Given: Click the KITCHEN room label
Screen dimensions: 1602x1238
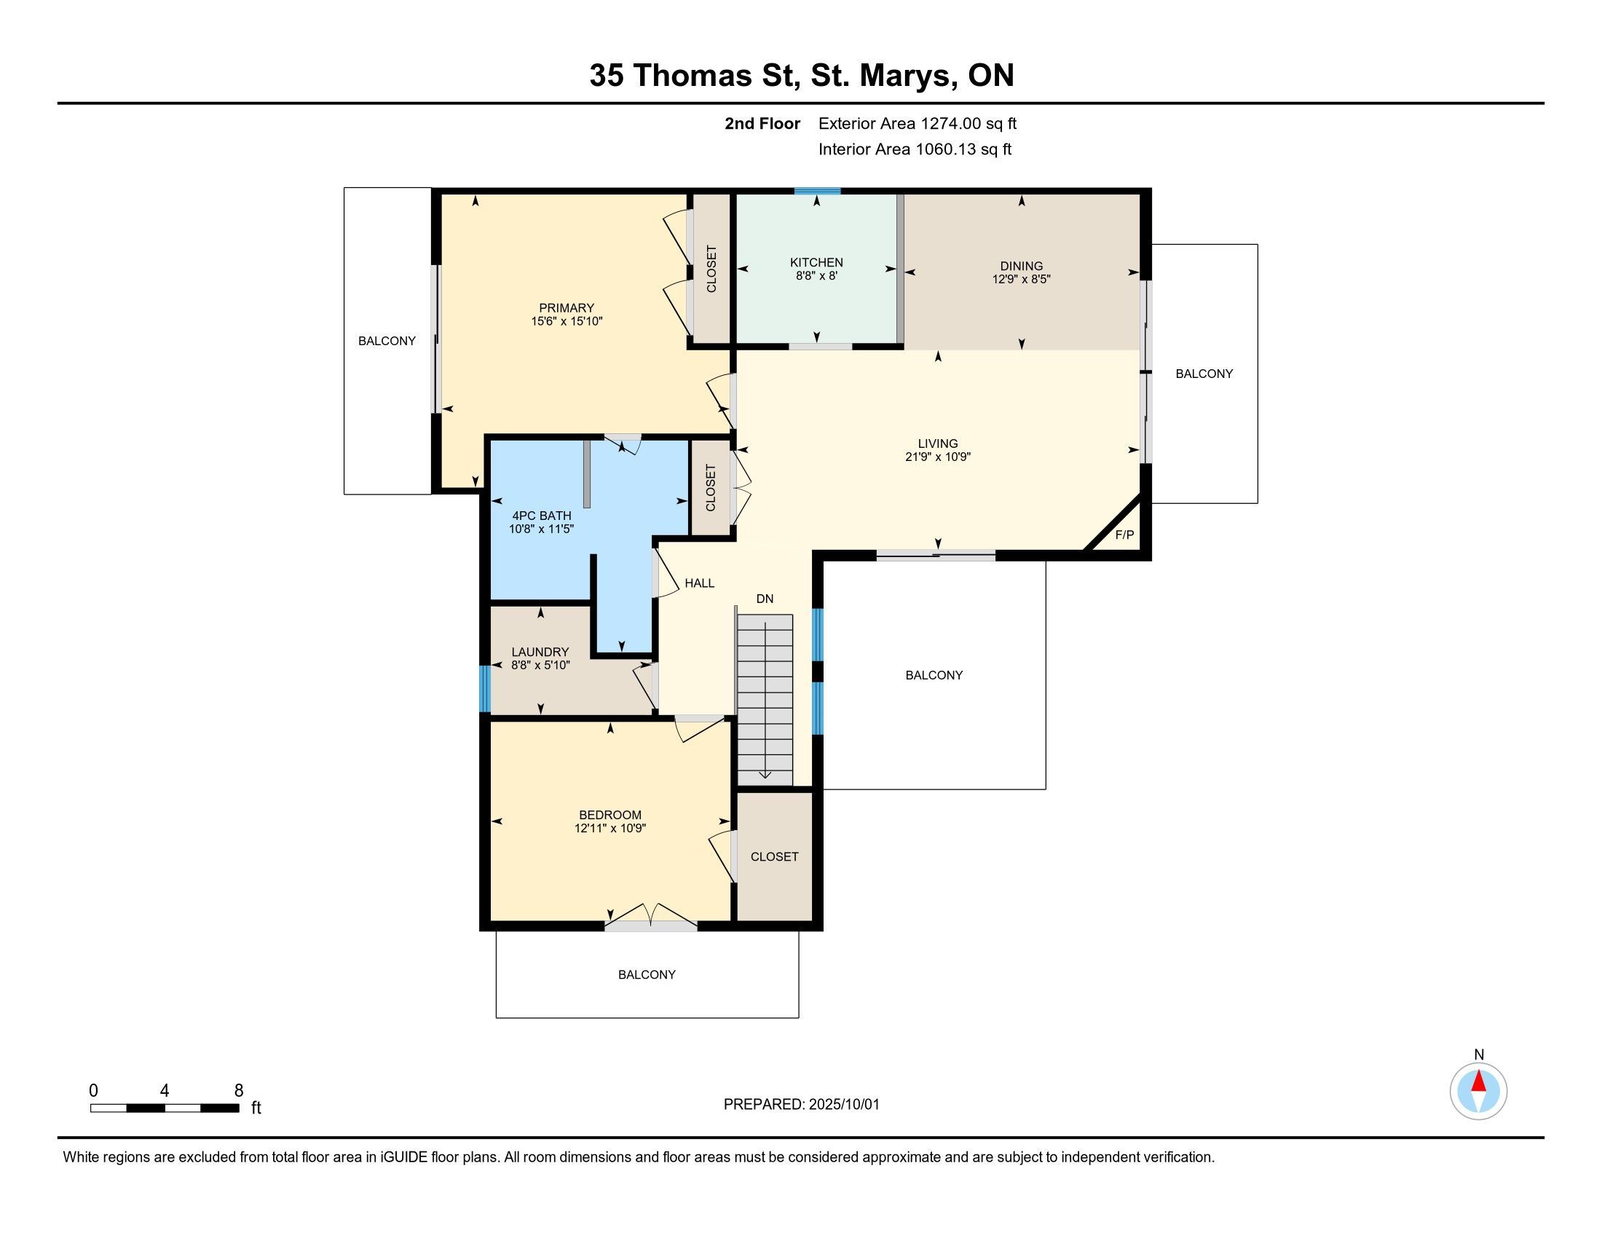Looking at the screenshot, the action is point(816,263).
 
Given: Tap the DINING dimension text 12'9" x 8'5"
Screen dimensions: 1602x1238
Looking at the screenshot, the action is point(1021,280).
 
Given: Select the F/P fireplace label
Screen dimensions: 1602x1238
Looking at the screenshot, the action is point(1124,535).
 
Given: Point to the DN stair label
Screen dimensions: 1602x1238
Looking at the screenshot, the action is point(765,599).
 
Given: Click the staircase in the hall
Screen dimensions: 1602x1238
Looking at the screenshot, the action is point(765,700).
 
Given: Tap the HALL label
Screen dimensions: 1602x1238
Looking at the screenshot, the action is point(700,583).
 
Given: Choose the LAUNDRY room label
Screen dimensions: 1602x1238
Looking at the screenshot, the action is point(540,652).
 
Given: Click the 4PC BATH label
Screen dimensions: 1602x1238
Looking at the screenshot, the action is point(541,516).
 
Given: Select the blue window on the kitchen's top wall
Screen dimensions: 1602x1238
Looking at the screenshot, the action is point(817,192).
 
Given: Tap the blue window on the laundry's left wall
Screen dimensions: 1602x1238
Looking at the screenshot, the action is point(484,689).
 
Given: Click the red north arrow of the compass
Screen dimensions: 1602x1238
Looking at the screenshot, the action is point(1479,1081).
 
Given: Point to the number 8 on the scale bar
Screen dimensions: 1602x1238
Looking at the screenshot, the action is point(238,1091).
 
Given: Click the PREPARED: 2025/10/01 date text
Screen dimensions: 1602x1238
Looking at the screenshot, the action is point(801,1105).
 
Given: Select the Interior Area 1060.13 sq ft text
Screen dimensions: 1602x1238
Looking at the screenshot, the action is point(915,149).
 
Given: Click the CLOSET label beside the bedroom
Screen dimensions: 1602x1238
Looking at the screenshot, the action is point(775,856).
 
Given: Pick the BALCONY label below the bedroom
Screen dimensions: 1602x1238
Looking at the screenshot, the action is point(647,974).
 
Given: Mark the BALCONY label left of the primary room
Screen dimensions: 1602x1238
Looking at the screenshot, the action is point(387,341).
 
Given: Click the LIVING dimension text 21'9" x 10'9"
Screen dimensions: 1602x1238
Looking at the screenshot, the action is point(937,457).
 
